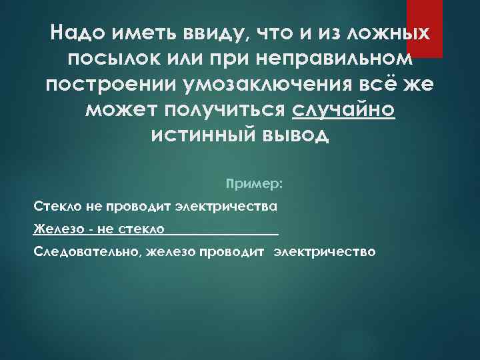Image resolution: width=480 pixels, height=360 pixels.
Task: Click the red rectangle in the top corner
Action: (x=425, y=27)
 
